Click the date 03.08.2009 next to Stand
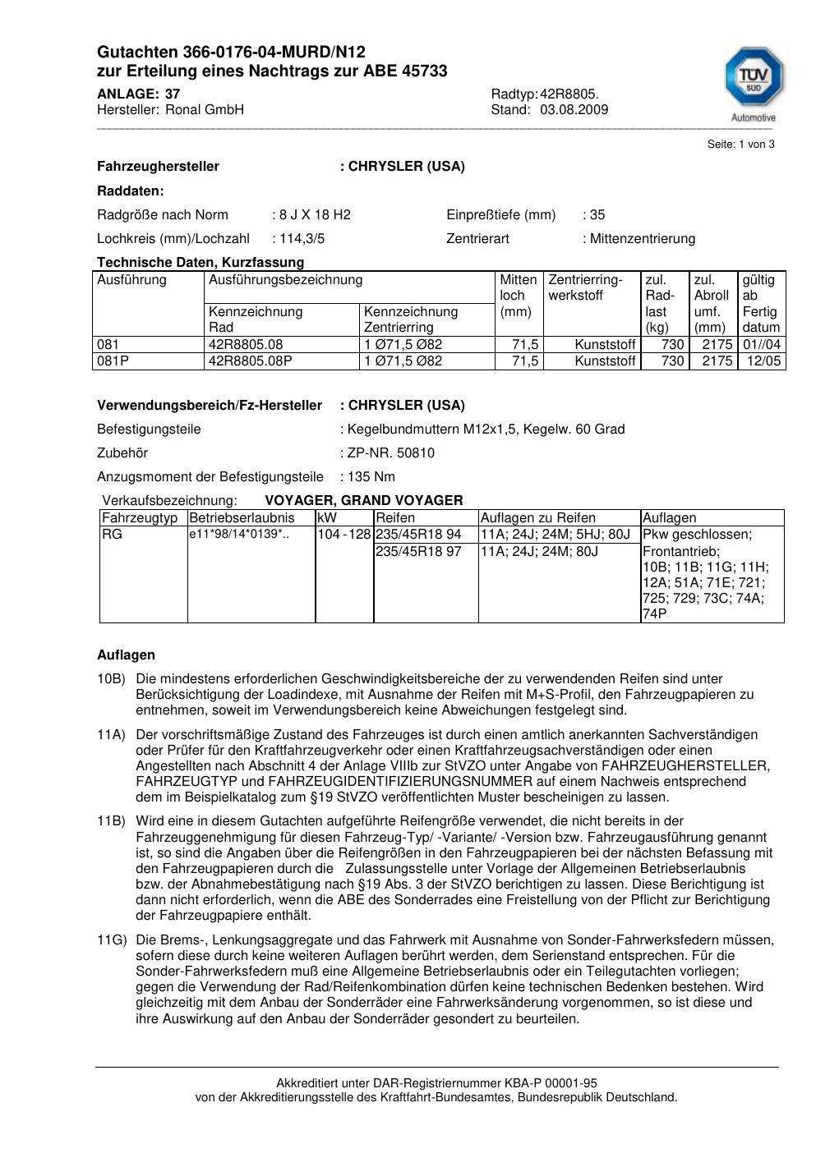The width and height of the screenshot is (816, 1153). pyautogui.click(x=574, y=110)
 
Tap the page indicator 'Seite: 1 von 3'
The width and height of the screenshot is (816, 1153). pyautogui.click(x=740, y=145)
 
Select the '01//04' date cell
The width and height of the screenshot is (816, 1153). pyautogui.click(x=762, y=345)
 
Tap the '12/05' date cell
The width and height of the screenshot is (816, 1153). pyautogui.click(x=765, y=361)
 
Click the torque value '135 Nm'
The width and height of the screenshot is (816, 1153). pyautogui.click(x=371, y=477)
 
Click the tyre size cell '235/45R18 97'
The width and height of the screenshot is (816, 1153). pyautogui.click(x=418, y=552)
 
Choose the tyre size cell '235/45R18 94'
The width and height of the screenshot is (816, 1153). pyautogui.click(x=418, y=535)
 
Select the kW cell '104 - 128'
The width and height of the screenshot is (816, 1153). pyautogui.click(x=344, y=535)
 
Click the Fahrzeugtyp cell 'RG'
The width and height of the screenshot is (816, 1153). pyautogui.click(x=112, y=535)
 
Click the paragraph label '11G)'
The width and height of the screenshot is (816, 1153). pyautogui.click(x=112, y=940)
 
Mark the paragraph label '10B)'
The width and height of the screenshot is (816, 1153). pyautogui.click(x=112, y=679)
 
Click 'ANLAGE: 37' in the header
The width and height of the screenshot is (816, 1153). pyautogui.click(x=138, y=94)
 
